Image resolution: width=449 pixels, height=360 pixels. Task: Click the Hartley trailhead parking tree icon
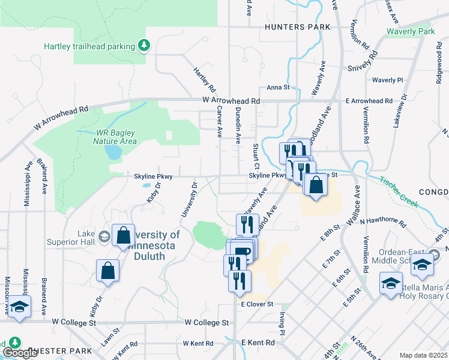[x=143, y=45]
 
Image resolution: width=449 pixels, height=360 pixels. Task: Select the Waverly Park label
[x=411, y=31]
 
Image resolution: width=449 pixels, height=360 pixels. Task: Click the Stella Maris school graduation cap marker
[x=391, y=283]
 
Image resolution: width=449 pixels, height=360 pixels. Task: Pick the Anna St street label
[x=278, y=87]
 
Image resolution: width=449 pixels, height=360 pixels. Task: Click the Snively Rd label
[x=363, y=61]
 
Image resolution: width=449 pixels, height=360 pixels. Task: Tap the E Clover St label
[x=257, y=305]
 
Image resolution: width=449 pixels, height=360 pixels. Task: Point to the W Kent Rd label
[x=198, y=343]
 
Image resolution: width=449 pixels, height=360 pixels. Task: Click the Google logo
[x=20, y=353]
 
